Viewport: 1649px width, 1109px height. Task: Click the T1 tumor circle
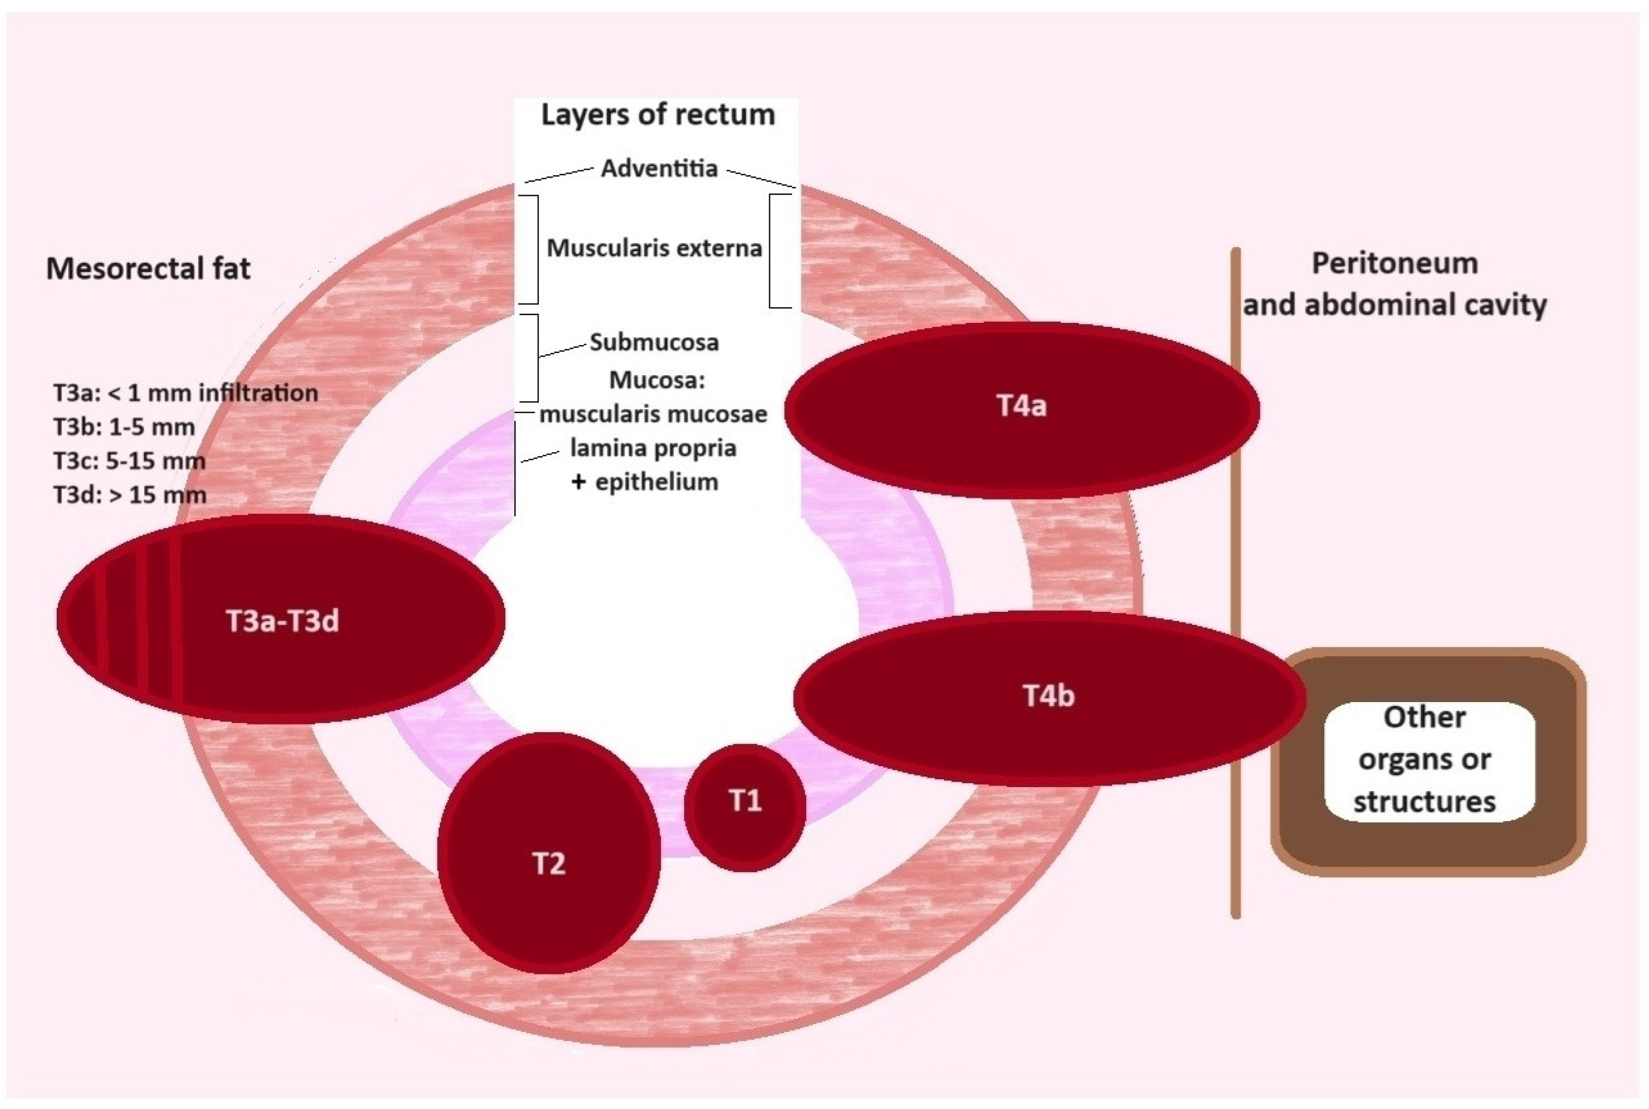point(744,807)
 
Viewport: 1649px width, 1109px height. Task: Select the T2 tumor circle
point(549,853)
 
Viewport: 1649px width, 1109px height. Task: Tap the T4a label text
point(1021,406)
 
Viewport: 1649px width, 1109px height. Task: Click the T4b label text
point(1048,696)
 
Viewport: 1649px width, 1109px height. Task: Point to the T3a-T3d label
point(282,621)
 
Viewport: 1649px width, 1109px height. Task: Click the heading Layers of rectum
point(657,115)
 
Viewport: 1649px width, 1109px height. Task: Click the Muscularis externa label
point(654,248)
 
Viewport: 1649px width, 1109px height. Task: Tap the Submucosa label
point(654,342)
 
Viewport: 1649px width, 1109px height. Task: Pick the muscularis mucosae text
point(653,414)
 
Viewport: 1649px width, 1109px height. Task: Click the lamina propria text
point(653,448)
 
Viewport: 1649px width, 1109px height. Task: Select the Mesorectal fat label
point(148,269)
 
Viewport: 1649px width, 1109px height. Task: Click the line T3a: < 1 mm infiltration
point(186,393)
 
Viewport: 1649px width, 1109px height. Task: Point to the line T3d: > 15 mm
point(129,494)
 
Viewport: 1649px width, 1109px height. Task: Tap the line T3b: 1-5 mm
point(124,427)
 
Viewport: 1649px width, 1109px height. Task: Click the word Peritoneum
point(1394,264)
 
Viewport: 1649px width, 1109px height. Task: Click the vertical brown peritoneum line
point(1236,566)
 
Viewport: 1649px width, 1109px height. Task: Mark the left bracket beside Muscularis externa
point(535,249)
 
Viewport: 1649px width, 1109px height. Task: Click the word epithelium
point(657,482)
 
